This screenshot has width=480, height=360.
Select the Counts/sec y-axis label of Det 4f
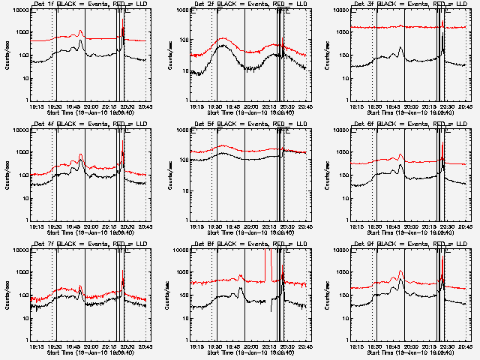coord(6,175)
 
